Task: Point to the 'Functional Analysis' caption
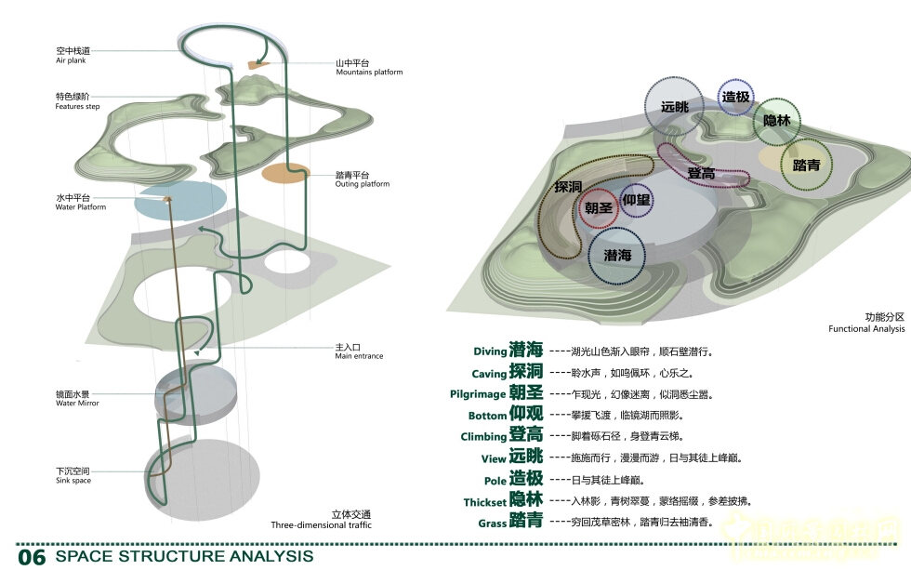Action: coord(866,329)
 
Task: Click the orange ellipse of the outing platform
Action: coord(284,173)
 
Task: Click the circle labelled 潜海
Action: coord(618,255)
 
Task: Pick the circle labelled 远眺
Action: coord(675,108)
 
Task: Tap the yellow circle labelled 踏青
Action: coord(806,166)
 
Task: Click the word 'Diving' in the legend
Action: coord(490,351)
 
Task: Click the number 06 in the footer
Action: coord(32,557)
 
